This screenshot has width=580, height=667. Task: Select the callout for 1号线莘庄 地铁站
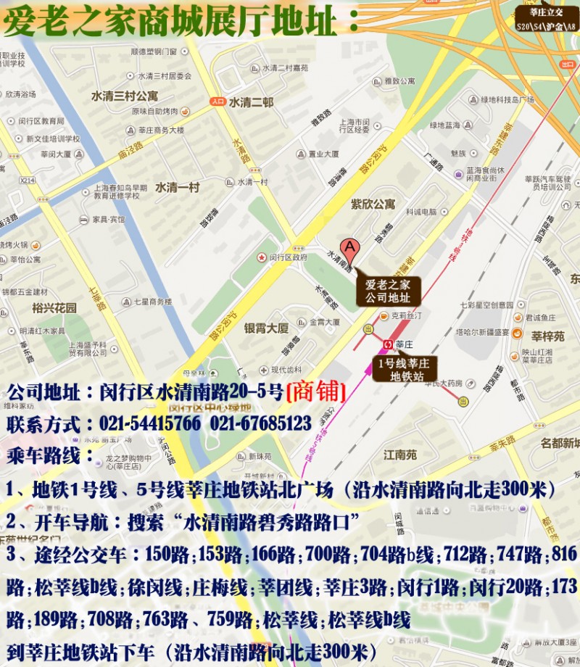click(401, 369)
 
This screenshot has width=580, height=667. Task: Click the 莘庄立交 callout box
click(545, 17)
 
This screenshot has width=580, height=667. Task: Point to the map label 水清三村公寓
click(124, 96)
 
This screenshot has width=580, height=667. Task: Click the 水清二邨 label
click(251, 103)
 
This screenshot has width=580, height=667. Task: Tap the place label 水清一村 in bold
click(177, 187)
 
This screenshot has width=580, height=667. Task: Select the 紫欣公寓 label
click(373, 204)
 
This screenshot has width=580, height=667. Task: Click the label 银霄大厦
click(266, 328)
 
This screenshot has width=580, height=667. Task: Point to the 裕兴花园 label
click(55, 307)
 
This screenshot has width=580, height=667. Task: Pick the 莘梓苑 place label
click(547, 336)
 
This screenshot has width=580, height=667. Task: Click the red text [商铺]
click(315, 391)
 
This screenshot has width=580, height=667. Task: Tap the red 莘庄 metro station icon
click(388, 344)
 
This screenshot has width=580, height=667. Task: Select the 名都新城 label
click(561, 443)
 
